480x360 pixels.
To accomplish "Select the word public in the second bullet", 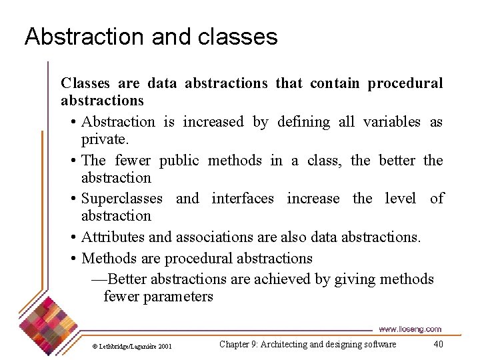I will click(179, 160).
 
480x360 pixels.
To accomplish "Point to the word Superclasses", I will click(121, 199).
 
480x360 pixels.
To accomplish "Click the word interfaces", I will click(242, 199).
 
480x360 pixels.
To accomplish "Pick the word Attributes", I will click(111, 237).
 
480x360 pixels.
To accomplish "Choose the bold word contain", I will click(335, 83).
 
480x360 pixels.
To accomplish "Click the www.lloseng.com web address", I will click(410, 329).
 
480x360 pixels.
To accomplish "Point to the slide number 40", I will click(438, 344).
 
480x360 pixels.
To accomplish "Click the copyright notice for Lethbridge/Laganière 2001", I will click(131, 347).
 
